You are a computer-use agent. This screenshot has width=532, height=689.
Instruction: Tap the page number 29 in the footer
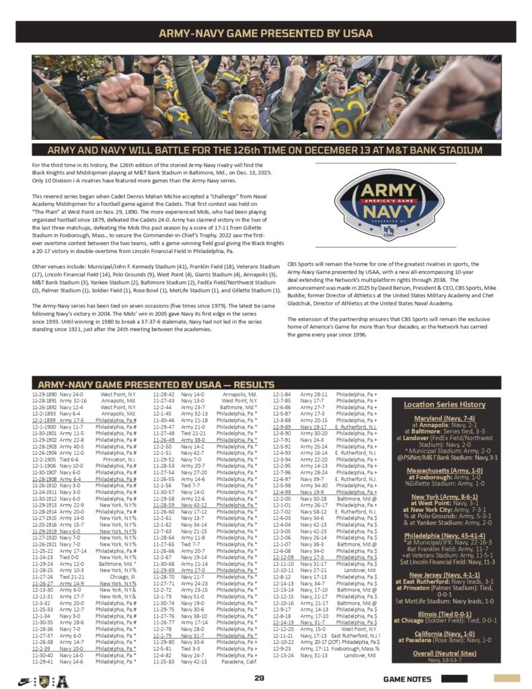tap(259, 678)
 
